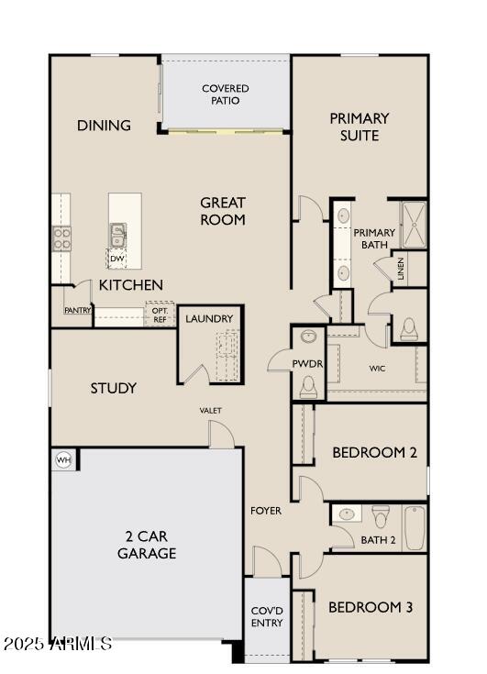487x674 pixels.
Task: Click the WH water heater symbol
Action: click(63, 459)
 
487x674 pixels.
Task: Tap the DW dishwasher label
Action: click(116, 259)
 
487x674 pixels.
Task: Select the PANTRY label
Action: click(78, 311)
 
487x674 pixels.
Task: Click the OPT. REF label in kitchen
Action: click(160, 315)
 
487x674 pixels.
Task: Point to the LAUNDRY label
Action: click(209, 319)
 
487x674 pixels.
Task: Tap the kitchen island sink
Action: click(117, 234)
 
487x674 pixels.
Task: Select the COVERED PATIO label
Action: click(226, 94)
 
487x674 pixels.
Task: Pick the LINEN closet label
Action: click(402, 270)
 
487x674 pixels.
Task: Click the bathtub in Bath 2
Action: click(415, 527)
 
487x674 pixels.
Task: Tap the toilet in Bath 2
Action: click(382, 515)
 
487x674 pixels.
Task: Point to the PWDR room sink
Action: click(308, 337)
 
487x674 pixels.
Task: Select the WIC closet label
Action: click(377, 369)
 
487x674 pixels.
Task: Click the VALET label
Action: click(210, 410)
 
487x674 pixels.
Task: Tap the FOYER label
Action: click(266, 510)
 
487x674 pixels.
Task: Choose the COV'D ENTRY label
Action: click(267, 617)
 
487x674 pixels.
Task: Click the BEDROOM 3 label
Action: click(371, 607)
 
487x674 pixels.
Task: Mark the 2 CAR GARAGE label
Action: click(146, 545)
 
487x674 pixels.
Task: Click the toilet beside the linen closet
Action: click(409, 328)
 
